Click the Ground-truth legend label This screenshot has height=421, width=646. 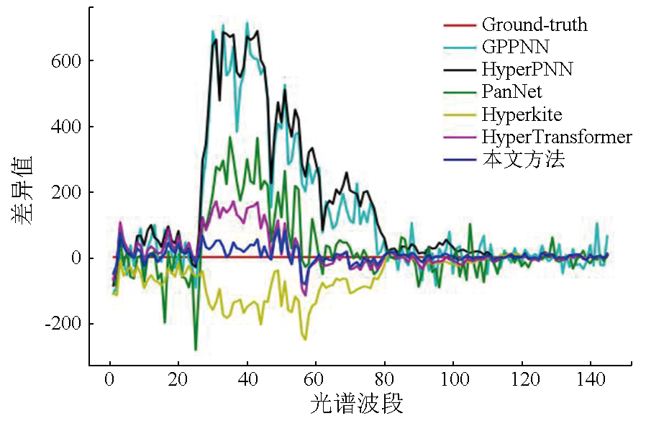(x=534, y=25)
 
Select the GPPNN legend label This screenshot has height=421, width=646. (x=515, y=47)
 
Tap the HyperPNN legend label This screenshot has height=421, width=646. (x=527, y=70)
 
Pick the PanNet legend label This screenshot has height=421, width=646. (x=512, y=92)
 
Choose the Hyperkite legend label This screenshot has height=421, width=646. (x=522, y=114)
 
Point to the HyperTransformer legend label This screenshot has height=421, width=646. (x=557, y=137)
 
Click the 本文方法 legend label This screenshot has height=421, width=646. (x=523, y=159)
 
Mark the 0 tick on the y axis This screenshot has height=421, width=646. (x=75, y=258)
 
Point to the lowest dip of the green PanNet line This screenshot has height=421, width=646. (x=195, y=350)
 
